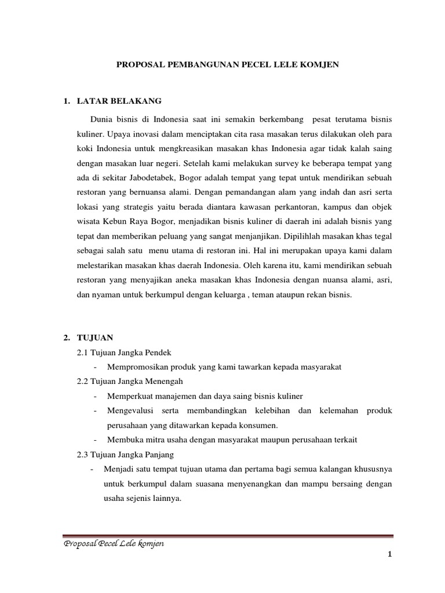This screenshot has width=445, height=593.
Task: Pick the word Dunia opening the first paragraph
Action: tap(104, 119)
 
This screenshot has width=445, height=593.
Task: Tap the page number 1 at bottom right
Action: tap(391, 555)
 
